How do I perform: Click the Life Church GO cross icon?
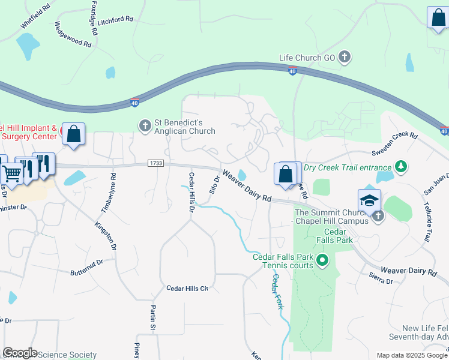pos(345,58)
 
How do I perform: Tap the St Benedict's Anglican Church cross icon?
pos(145,126)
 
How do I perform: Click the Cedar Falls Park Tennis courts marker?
pos(322,260)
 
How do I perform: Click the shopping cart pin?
pos(12,174)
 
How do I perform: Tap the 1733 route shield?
pos(155,163)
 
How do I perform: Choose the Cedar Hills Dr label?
pos(192,193)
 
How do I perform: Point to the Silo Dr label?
pos(215,184)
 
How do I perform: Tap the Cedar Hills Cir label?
pos(187,289)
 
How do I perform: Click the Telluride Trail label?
pos(427,221)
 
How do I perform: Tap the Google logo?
pos(20,353)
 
